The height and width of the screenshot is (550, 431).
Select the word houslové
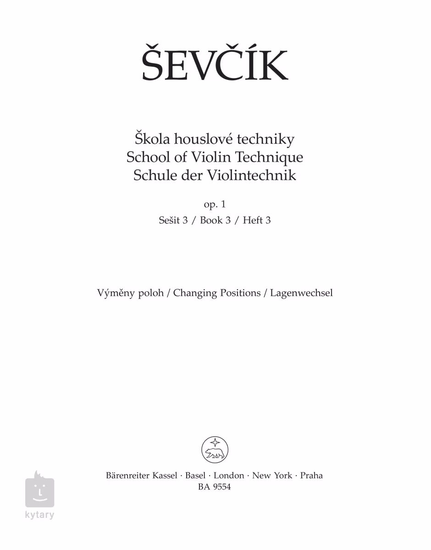point(201,139)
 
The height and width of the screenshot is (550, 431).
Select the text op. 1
point(215,204)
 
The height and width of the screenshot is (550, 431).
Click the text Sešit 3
point(173,220)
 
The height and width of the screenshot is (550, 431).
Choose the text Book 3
point(215,220)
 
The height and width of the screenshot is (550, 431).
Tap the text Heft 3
point(257,220)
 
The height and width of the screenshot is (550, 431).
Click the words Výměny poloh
point(130,293)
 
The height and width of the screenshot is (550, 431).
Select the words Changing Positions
point(217,293)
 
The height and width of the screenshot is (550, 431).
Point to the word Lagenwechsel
point(301,293)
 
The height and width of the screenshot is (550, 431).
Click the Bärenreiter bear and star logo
point(215,450)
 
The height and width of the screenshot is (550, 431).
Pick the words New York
point(272,476)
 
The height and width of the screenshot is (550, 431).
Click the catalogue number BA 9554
point(215,488)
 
